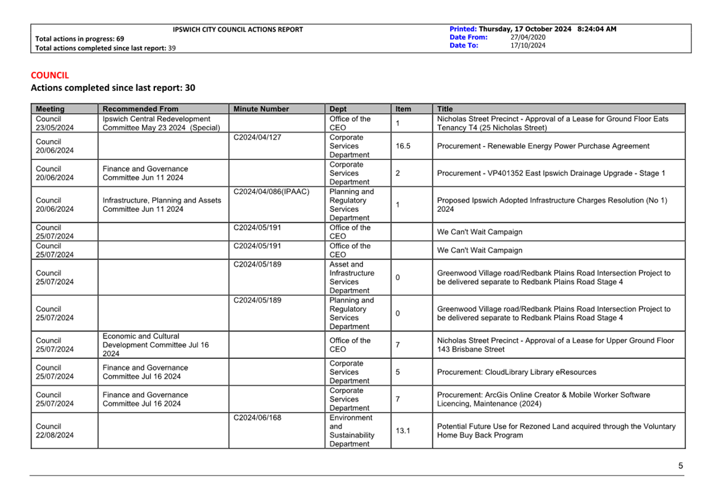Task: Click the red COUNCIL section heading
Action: [50, 75]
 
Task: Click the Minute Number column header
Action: [261, 109]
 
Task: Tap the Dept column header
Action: [338, 109]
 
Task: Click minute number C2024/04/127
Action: [257, 137]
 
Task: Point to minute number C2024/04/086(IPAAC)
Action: [272, 191]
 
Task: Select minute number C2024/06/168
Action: [257, 418]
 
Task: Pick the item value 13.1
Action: [402, 430]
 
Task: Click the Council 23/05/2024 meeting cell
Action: [54, 124]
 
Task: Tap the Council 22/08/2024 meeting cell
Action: [54, 430]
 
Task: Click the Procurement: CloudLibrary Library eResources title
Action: [517, 372]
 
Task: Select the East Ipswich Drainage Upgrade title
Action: [551, 174]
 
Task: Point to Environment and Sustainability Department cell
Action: [351, 430]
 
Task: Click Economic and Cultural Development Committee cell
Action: [156, 345]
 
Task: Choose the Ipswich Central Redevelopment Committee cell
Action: [156, 124]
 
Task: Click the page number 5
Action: [681, 466]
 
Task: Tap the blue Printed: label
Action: [463, 29]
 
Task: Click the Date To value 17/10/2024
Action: [528, 45]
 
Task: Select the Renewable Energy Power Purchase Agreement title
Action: [543, 146]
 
